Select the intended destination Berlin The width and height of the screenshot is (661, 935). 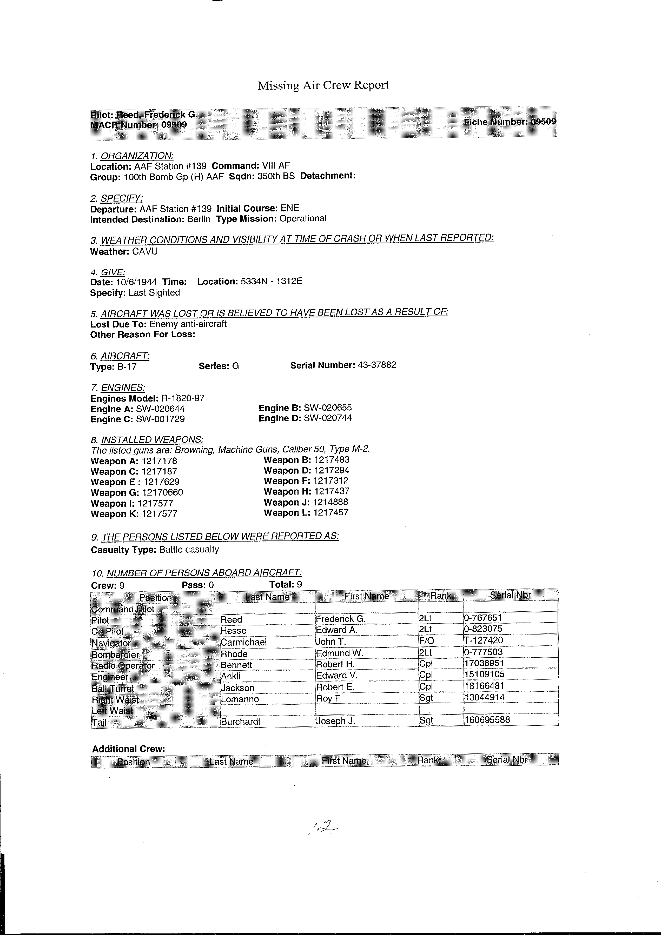[x=199, y=219]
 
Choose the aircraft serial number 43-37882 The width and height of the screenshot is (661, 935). [x=377, y=365]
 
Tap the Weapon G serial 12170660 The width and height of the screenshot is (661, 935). [x=162, y=492]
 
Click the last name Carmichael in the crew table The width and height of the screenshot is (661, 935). [x=243, y=642]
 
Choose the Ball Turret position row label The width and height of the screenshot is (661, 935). [x=113, y=689]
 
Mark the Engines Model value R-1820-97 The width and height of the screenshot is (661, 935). [x=183, y=398]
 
